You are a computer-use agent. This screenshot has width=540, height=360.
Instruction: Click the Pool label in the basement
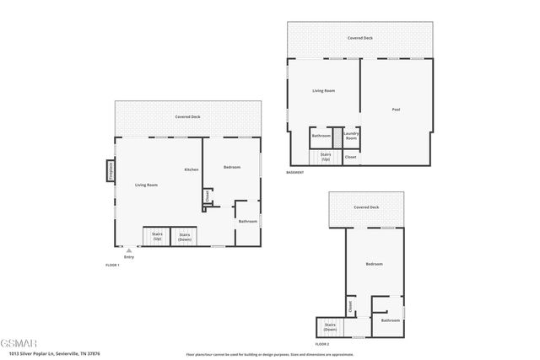[x=396, y=110]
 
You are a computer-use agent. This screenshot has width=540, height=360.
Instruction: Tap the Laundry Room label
[x=352, y=134]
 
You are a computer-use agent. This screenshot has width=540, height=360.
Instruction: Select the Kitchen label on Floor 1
[x=192, y=170]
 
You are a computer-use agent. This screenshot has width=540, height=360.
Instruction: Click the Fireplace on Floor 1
[x=110, y=171]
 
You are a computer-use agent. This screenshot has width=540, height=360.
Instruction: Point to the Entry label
[x=129, y=256]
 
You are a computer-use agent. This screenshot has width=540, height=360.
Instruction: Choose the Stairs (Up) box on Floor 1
[x=157, y=237]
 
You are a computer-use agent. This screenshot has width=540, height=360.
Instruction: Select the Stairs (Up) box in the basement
[x=325, y=156]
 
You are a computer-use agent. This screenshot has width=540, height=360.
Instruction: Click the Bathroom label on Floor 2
[x=390, y=320]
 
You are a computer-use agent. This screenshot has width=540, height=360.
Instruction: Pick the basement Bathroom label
[x=321, y=136]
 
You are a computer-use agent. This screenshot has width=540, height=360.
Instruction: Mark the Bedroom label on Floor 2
[x=375, y=264]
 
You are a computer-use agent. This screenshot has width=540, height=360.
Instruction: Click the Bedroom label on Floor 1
[x=232, y=167]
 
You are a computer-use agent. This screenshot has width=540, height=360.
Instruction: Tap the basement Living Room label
[x=324, y=90]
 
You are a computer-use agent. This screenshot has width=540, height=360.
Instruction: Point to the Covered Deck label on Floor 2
[x=366, y=207]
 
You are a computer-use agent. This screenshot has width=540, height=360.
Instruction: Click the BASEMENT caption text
[x=294, y=172]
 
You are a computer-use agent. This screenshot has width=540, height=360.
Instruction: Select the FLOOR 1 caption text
[x=112, y=266]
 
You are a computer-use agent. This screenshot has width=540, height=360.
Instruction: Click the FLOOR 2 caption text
[x=322, y=344]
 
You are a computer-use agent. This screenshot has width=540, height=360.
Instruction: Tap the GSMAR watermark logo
[x=19, y=344]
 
